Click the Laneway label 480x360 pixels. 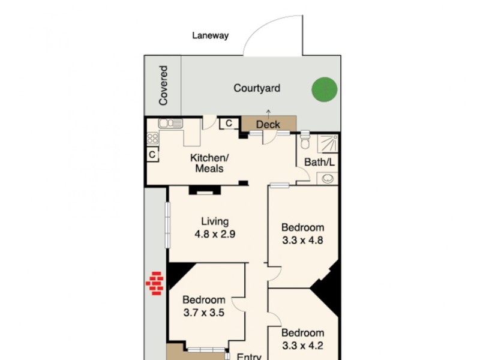(x=210, y=35)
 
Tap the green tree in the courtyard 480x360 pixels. (x=325, y=90)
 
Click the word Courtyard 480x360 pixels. (x=257, y=89)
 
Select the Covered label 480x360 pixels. (x=163, y=86)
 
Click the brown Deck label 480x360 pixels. (x=268, y=124)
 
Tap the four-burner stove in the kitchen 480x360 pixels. (x=153, y=138)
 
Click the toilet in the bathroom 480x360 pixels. (x=305, y=142)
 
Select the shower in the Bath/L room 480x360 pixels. (x=328, y=144)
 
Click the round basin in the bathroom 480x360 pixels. (x=328, y=178)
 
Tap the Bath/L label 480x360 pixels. (x=319, y=162)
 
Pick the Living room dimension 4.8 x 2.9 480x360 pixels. (x=214, y=234)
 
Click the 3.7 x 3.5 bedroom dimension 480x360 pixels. (x=204, y=312)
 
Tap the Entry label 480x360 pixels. (x=248, y=356)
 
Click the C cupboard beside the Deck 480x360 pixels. (x=229, y=124)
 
